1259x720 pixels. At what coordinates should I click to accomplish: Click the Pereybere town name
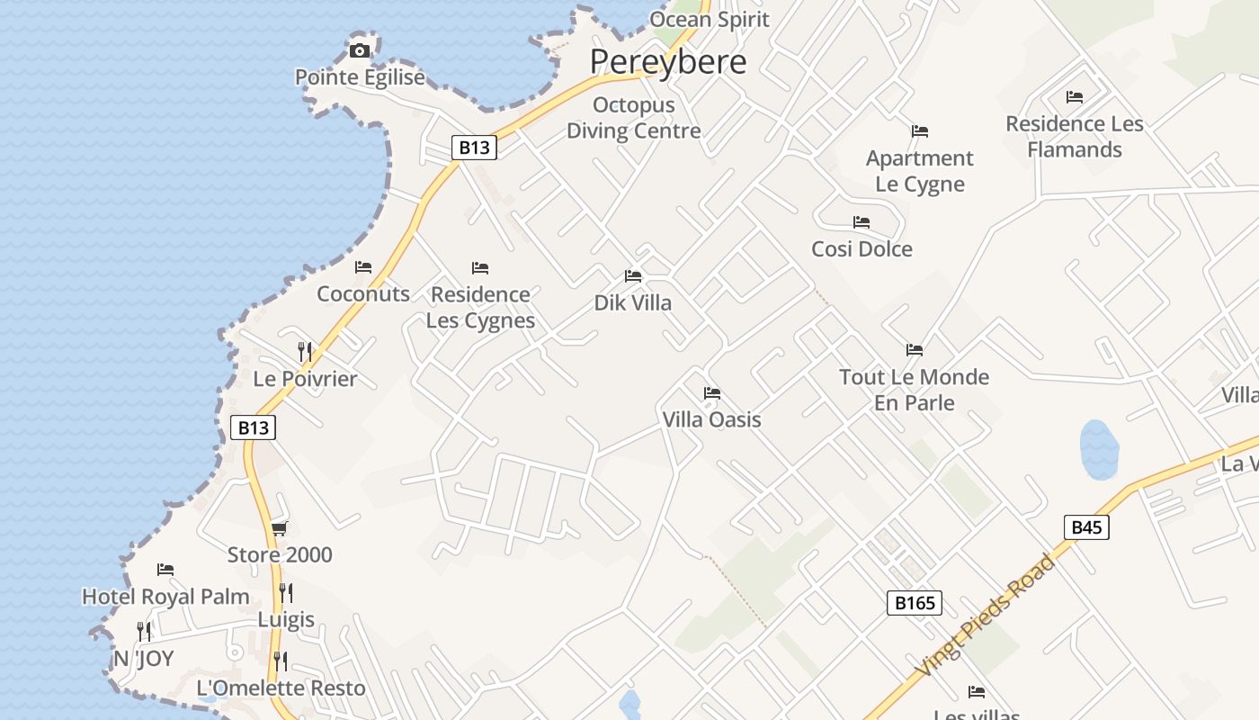click(668, 62)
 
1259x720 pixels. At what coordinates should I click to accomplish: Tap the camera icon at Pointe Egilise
click(360, 50)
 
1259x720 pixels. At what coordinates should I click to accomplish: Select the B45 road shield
click(1086, 527)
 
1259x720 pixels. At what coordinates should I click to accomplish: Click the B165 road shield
click(915, 603)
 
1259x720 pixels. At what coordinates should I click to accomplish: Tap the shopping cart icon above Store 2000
click(280, 528)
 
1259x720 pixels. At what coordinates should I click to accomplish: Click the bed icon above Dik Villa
click(633, 275)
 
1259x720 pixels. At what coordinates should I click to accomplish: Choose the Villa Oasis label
click(711, 419)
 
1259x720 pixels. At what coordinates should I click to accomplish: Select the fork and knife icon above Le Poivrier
click(305, 351)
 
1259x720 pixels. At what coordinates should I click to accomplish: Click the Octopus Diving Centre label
click(633, 118)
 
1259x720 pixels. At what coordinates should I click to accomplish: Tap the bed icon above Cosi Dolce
click(862, 222)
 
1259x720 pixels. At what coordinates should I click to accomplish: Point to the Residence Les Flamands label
click(1075, 137)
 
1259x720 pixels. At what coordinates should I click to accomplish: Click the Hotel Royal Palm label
click(165, 597)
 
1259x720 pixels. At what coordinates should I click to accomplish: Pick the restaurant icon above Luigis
click(286, 592)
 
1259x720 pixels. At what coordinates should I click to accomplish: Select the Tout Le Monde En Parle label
click(914, 390)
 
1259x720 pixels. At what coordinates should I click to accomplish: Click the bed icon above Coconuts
click(363, 267)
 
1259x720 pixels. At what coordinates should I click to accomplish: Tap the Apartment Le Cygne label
click(919, 171)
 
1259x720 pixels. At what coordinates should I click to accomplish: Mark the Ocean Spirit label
click(710, 20)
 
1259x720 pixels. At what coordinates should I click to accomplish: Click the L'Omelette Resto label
click(281, 688)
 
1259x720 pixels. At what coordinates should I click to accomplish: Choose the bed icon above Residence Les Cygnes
click(480, 268)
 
